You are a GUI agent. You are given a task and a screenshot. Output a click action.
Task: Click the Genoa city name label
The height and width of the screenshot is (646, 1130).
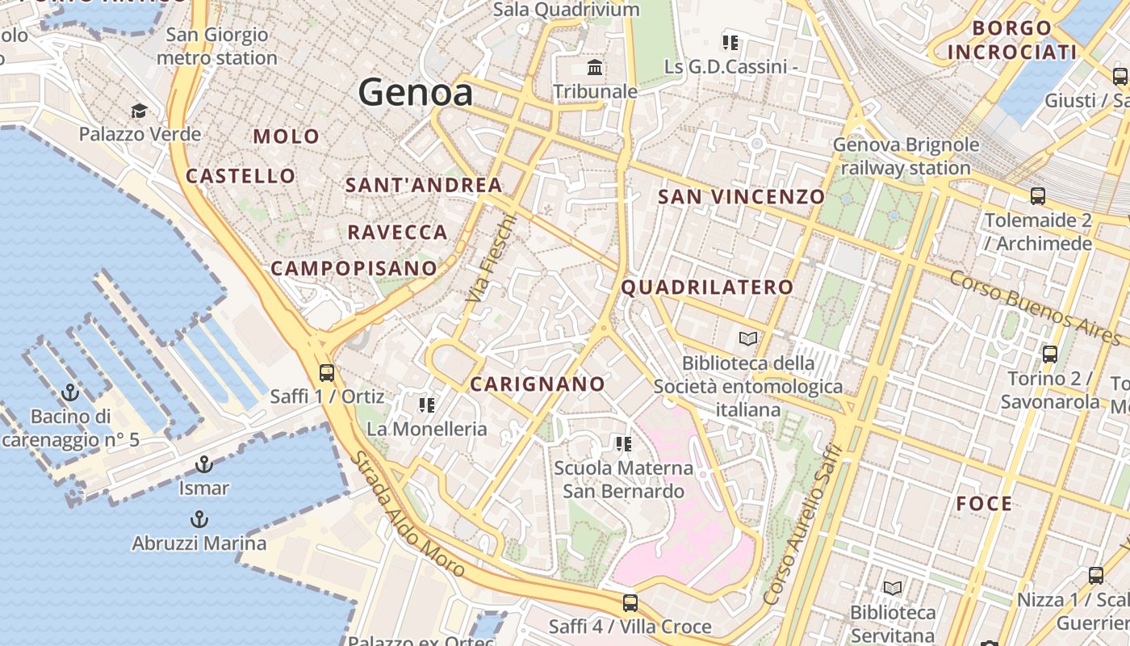coord(416,92)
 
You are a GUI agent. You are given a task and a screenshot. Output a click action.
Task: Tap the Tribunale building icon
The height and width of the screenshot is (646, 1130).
coord(596,67)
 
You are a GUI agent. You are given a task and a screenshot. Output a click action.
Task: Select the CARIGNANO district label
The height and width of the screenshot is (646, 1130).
coord(538,384)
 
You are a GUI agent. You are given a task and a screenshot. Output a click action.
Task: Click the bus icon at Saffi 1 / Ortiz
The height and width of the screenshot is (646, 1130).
coord(326,372)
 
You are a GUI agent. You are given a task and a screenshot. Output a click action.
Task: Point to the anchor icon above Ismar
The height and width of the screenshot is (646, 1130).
coord(203,464)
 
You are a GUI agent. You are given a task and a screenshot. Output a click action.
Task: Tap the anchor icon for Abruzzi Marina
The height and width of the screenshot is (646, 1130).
coord(199,519)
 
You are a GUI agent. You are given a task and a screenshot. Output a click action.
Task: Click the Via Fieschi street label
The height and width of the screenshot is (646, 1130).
coord(490,258)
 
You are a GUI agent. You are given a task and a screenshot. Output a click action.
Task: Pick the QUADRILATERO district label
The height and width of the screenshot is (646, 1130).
coord(707,287)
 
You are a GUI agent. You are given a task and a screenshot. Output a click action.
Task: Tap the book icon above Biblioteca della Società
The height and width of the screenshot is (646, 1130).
coord(748,338)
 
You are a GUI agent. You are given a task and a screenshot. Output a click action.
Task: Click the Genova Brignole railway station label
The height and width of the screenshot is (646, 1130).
coord(906,157)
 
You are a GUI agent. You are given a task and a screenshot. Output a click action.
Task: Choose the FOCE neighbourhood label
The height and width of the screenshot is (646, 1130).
coord(984,504)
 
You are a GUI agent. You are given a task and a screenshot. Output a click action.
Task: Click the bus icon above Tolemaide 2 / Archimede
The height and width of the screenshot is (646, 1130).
coord(1037,195)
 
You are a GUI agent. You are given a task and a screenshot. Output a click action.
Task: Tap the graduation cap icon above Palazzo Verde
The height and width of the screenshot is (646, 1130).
coord(140,111)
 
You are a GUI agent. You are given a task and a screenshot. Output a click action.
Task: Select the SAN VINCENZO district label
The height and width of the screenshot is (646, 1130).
coord(741,197)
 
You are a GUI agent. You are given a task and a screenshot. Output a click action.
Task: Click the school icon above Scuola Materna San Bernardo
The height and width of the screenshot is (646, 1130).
coord(622,443)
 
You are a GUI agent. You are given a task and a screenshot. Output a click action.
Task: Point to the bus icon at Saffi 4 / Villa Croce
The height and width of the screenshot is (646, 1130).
coord(630,602)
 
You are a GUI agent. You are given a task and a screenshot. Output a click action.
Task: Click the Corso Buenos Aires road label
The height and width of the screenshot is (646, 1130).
coord(1036,308)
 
